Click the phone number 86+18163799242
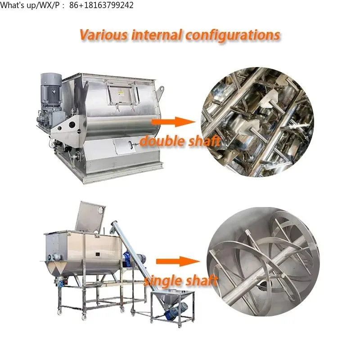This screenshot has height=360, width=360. [x=101, y=5]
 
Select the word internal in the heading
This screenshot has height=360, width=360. [x=155, y=35]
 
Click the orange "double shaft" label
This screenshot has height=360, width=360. [x=180, y=141]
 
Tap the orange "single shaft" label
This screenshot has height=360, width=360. [x=180, y=281]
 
